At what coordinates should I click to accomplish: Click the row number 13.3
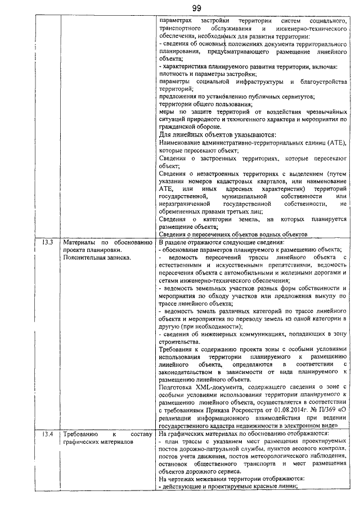47,242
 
